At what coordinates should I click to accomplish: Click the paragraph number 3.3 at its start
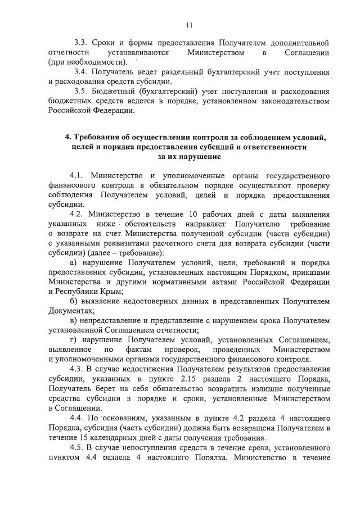80,43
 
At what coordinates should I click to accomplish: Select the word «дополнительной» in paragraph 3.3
299,43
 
